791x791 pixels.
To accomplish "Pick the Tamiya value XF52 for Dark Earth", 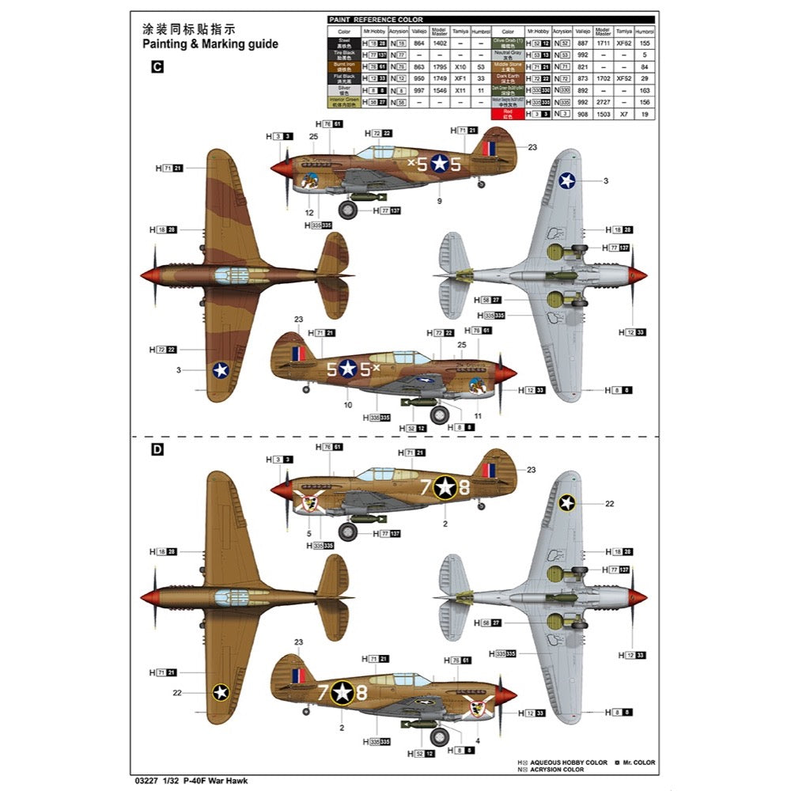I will click(623, 78).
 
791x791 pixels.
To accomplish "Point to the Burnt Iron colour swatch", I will click(344, 66).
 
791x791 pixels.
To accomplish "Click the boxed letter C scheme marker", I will click(156, 68).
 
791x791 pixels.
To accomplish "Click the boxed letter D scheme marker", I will click(157, 449).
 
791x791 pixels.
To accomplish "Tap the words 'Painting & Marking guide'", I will click(210, 44).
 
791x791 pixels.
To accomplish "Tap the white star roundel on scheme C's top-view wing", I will click(221, 369).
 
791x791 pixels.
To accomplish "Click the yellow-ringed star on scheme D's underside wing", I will click(566, 502).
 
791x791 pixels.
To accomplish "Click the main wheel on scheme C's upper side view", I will click(348, 210).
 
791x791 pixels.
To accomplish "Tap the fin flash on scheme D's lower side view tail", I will click(297, 676).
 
